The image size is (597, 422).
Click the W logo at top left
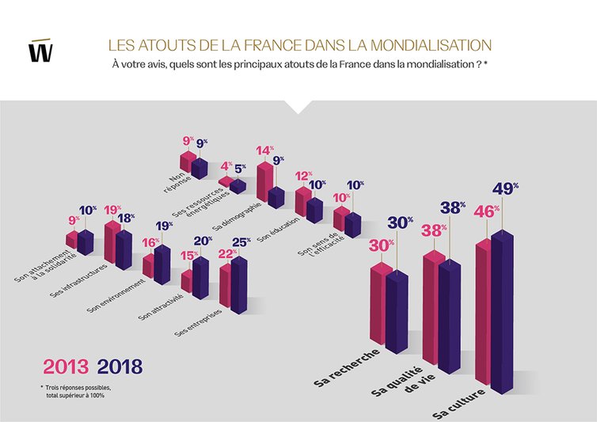click(x=40, y=50)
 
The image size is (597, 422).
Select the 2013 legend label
click(x=67, y=367)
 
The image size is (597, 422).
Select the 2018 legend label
click(x=120, y=367)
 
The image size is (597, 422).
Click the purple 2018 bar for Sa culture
click(x=508, y=309)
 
